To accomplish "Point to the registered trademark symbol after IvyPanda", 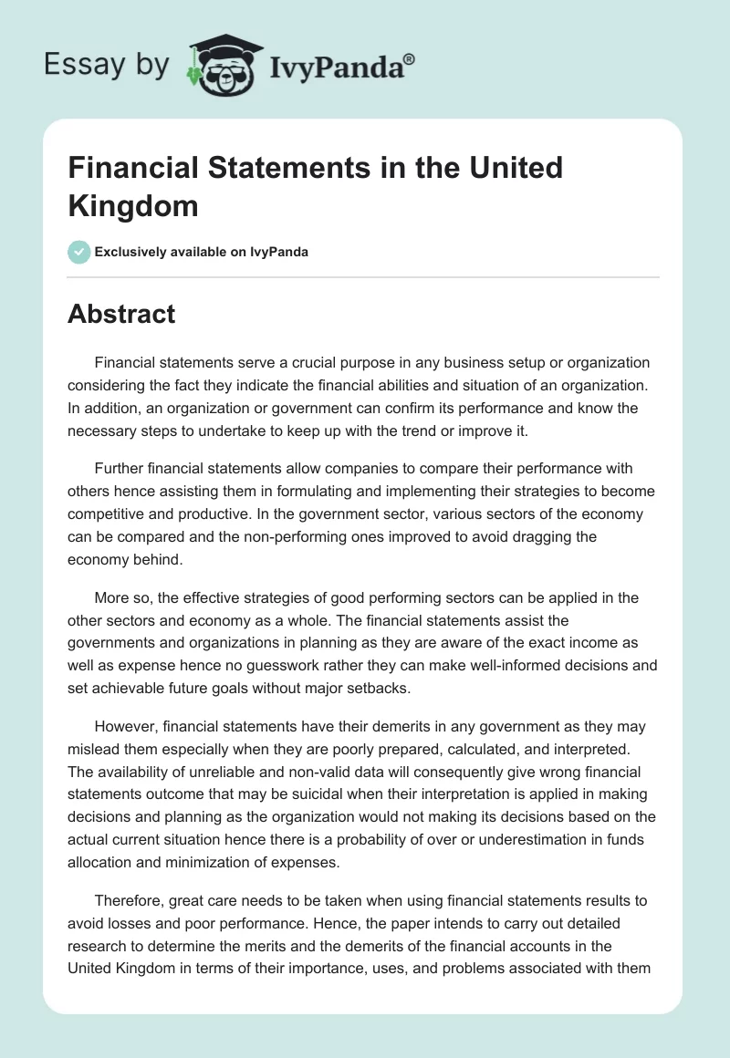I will (410, 59).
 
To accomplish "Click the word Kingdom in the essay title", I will (133, 205).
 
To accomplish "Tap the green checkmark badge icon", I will (79, 252).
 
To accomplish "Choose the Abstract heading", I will (121, 314).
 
